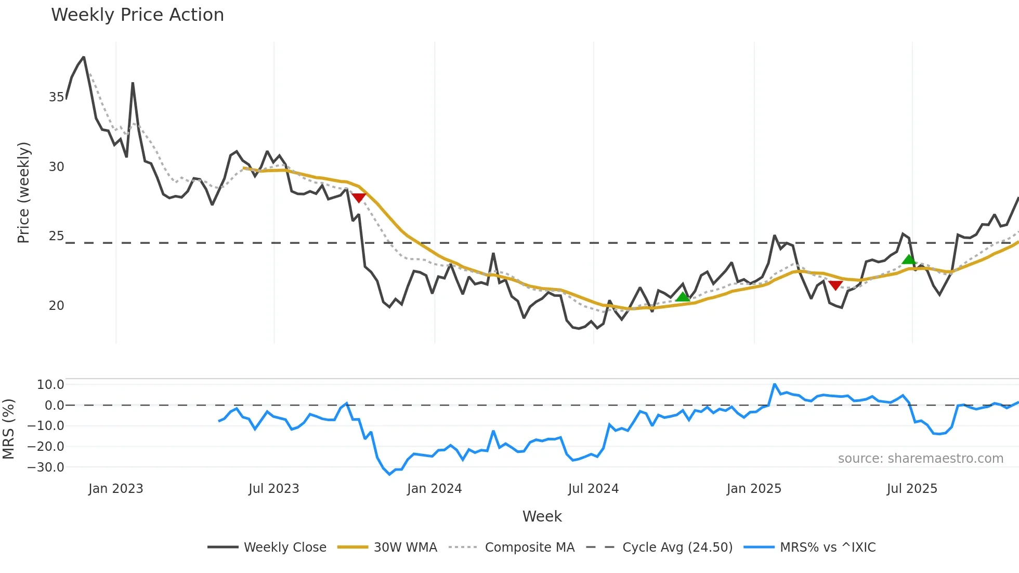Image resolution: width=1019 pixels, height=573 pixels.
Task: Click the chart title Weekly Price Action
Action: [137, 15]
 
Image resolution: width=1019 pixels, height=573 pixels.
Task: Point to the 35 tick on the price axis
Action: [56, 97]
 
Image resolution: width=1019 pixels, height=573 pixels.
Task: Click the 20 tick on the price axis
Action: [56, 306]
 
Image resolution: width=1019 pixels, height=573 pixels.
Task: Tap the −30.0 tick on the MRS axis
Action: [46, 467]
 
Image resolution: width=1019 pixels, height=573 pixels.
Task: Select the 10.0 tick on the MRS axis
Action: [50, 385]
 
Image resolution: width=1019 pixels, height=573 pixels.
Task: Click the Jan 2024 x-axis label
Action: [434, 489]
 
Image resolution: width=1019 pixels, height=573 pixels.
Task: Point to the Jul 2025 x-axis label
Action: [912, 489]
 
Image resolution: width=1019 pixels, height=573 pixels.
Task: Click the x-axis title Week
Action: [542, 516]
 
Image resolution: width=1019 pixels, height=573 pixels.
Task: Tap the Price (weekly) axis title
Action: [23, 192]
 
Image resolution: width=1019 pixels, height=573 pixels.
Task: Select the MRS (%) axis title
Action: [8, 429]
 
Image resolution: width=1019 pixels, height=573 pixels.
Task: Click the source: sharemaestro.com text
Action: [920, 459]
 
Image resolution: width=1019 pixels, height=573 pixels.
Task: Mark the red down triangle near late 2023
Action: [359, 198]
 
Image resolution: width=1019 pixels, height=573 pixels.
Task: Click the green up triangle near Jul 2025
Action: [908, 259]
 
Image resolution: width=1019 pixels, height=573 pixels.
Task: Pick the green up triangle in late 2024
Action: [683, 297]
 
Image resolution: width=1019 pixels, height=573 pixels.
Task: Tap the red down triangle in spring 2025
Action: [835, 285]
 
